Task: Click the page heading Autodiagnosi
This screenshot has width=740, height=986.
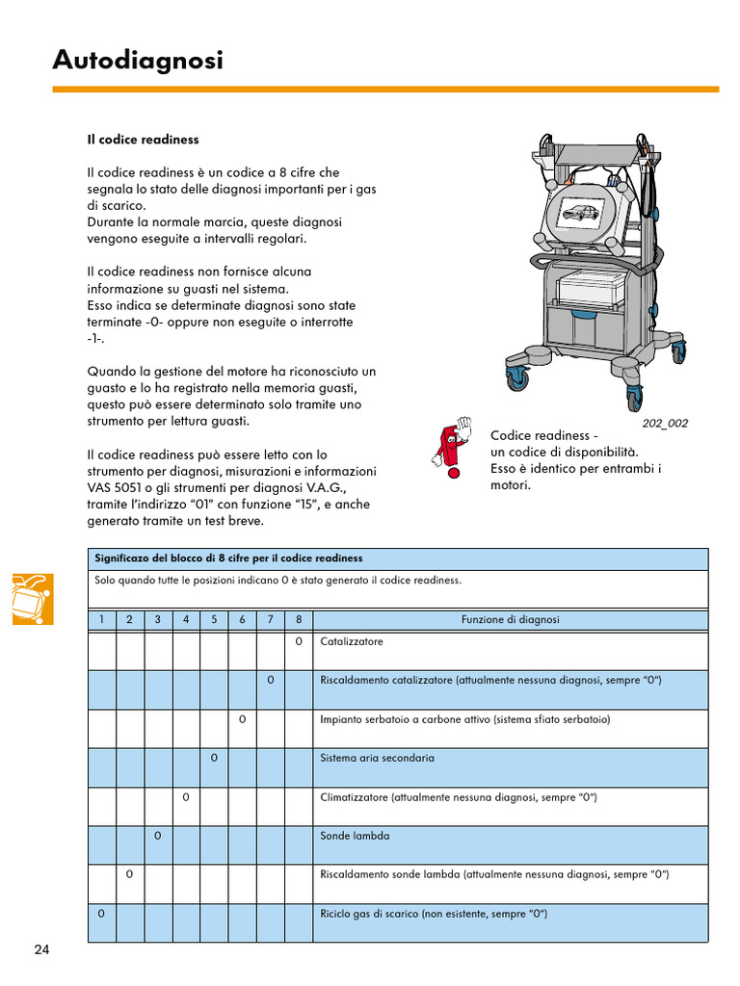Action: click(x=138, y=61)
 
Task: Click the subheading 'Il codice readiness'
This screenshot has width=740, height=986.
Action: click(x=143, y=140)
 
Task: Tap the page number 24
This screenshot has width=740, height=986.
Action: click(x=41, y=950)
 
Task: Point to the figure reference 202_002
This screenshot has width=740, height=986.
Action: click(x=665, y=423)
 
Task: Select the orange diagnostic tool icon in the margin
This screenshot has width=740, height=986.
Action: click(x=33, y=598)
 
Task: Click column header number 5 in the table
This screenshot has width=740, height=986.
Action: click(x=214, y=620)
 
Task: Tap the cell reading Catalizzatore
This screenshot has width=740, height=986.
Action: click(x=352, y=641)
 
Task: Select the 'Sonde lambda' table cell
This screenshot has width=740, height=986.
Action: click(x=355, y=836)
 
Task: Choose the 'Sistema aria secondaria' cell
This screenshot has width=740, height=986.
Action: click(x=377, y=758)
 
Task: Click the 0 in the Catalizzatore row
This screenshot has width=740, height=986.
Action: click(x=299, y=641)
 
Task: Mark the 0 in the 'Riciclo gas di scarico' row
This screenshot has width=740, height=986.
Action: click(x=101, y=913)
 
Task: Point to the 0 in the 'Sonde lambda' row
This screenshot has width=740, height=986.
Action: click(x=158, y=836)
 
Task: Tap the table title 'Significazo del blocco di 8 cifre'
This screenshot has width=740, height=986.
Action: click(x=228, y=558)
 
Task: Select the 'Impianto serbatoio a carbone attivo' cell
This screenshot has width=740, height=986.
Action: click(x=464, y=719)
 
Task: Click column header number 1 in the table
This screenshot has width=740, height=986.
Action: click(x=101, y=620)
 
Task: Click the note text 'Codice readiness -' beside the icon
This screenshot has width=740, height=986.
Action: click(x=544, y=436)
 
